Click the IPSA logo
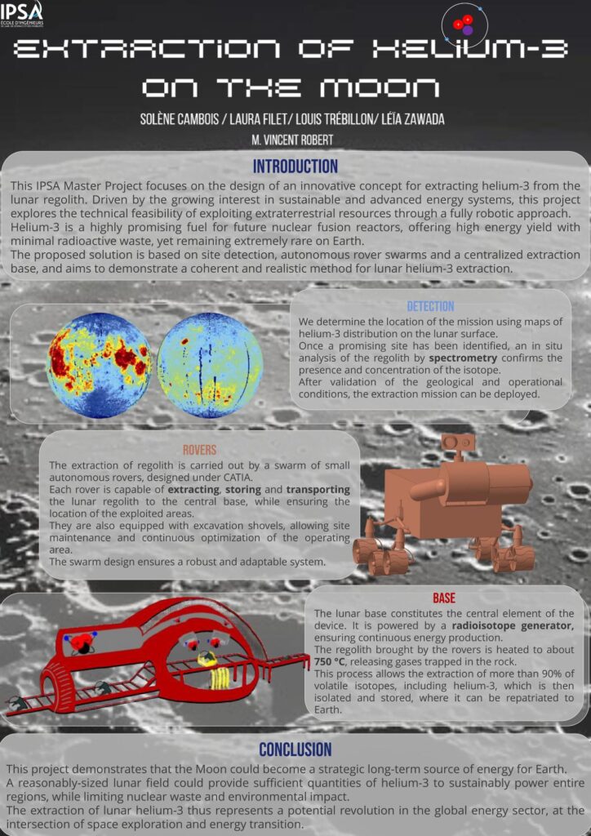[22, 13]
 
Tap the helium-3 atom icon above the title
[464, 24]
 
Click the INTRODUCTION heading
[295, 167]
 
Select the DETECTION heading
[430, 306]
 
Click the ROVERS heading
[200, 449]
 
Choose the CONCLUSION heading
[295, 749]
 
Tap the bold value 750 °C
[333, 661]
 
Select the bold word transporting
[318, 489]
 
